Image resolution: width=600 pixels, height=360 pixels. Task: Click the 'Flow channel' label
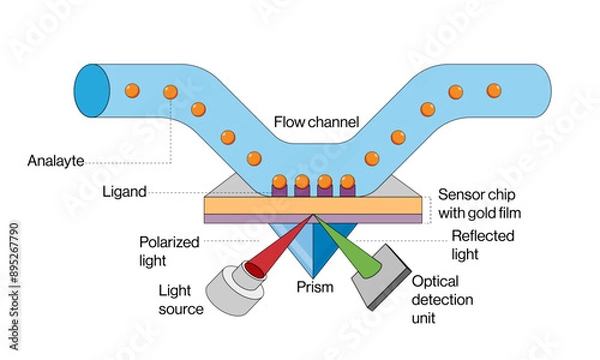coord(317,123)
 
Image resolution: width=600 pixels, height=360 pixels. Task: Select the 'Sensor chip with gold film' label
coord(479,204)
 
